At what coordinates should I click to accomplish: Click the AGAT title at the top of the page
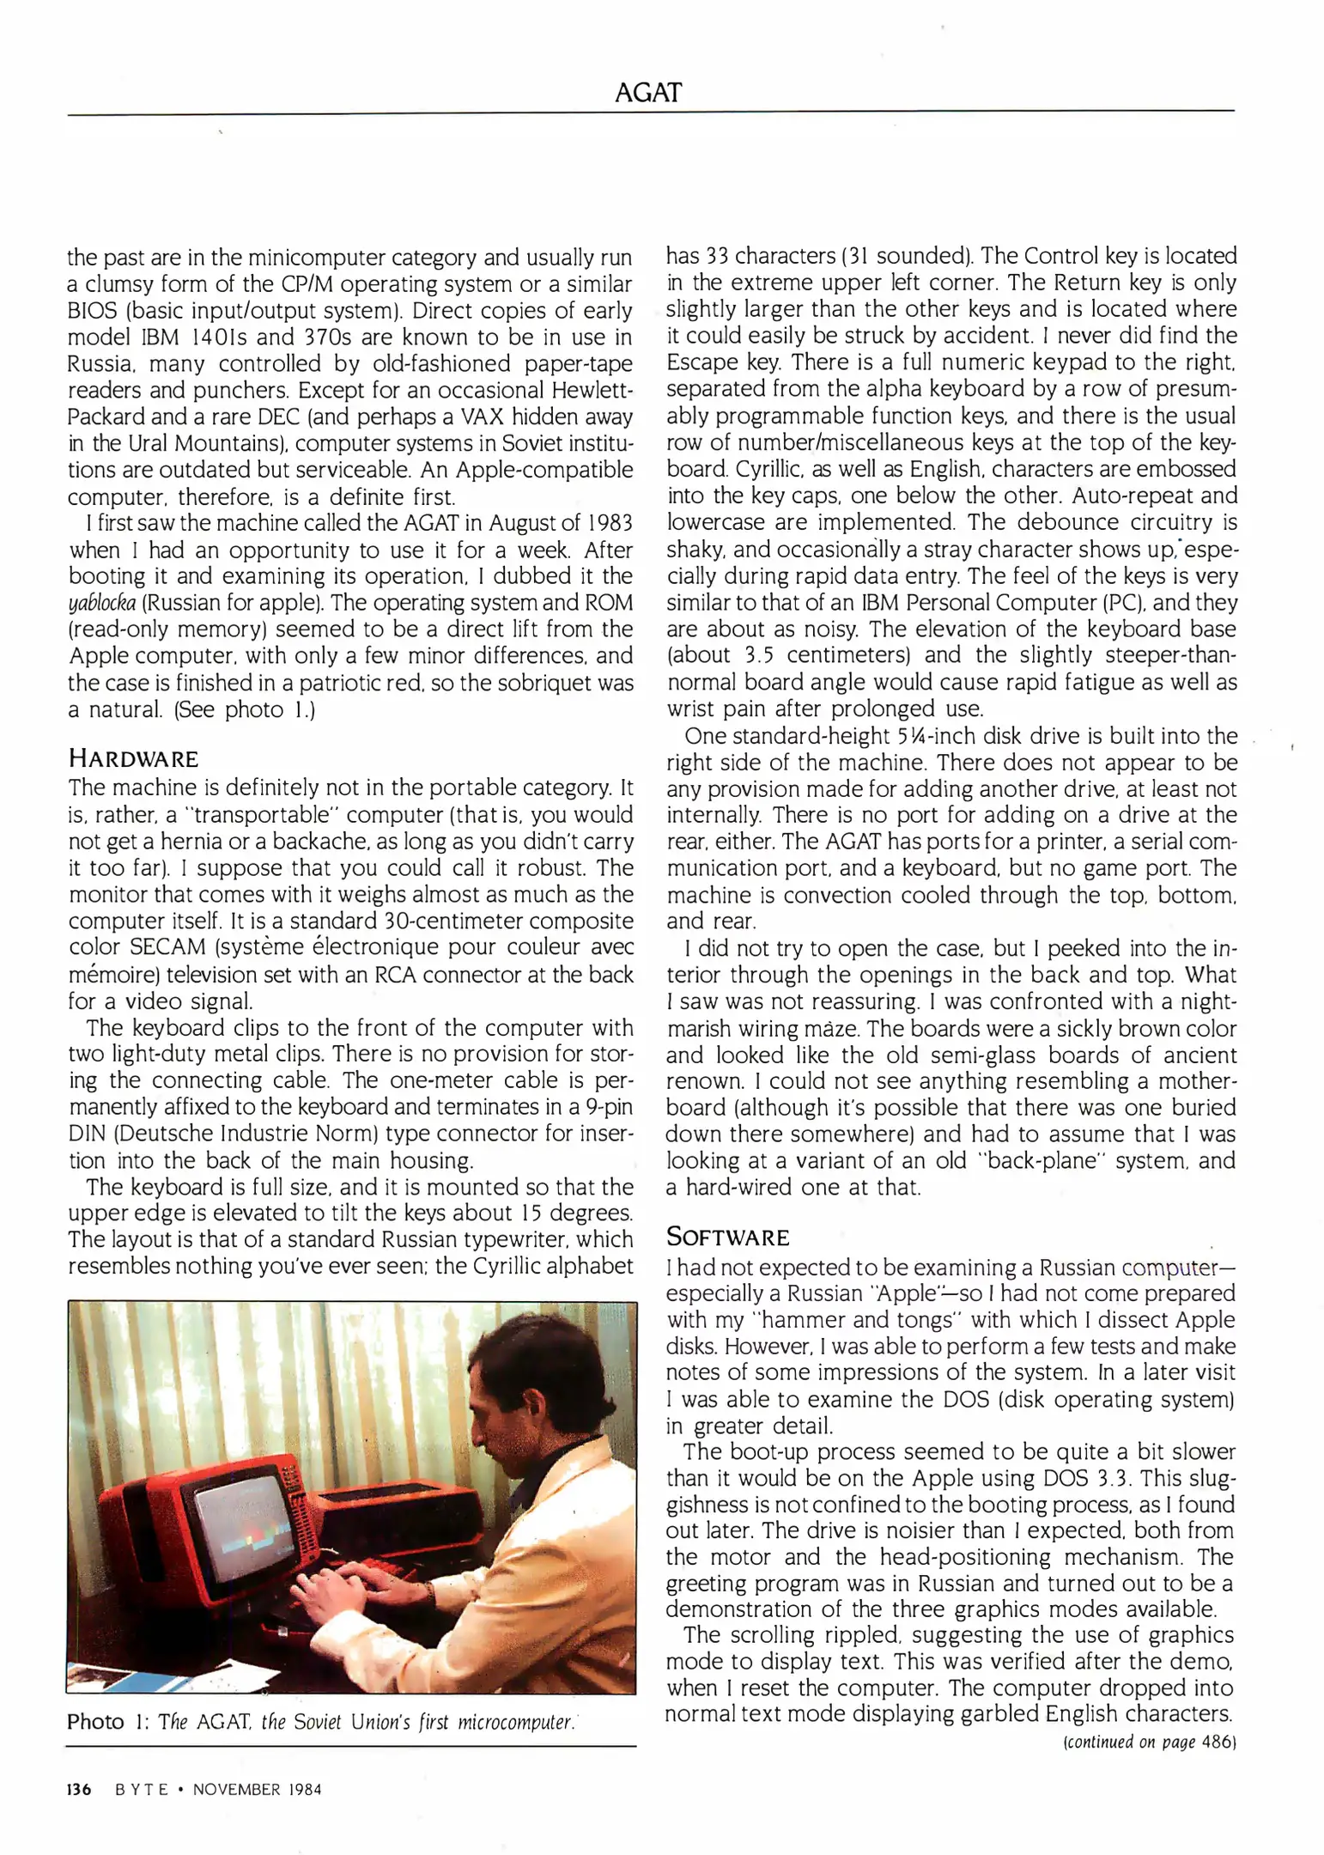click(648, 93)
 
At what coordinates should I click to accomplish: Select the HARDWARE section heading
click(133, 759)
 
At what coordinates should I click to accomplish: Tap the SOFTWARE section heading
click(727, 1238)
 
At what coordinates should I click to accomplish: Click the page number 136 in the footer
click(79, 1790)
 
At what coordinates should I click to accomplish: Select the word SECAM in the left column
click(165, 947)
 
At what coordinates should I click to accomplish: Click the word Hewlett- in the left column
click(592, 390)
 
